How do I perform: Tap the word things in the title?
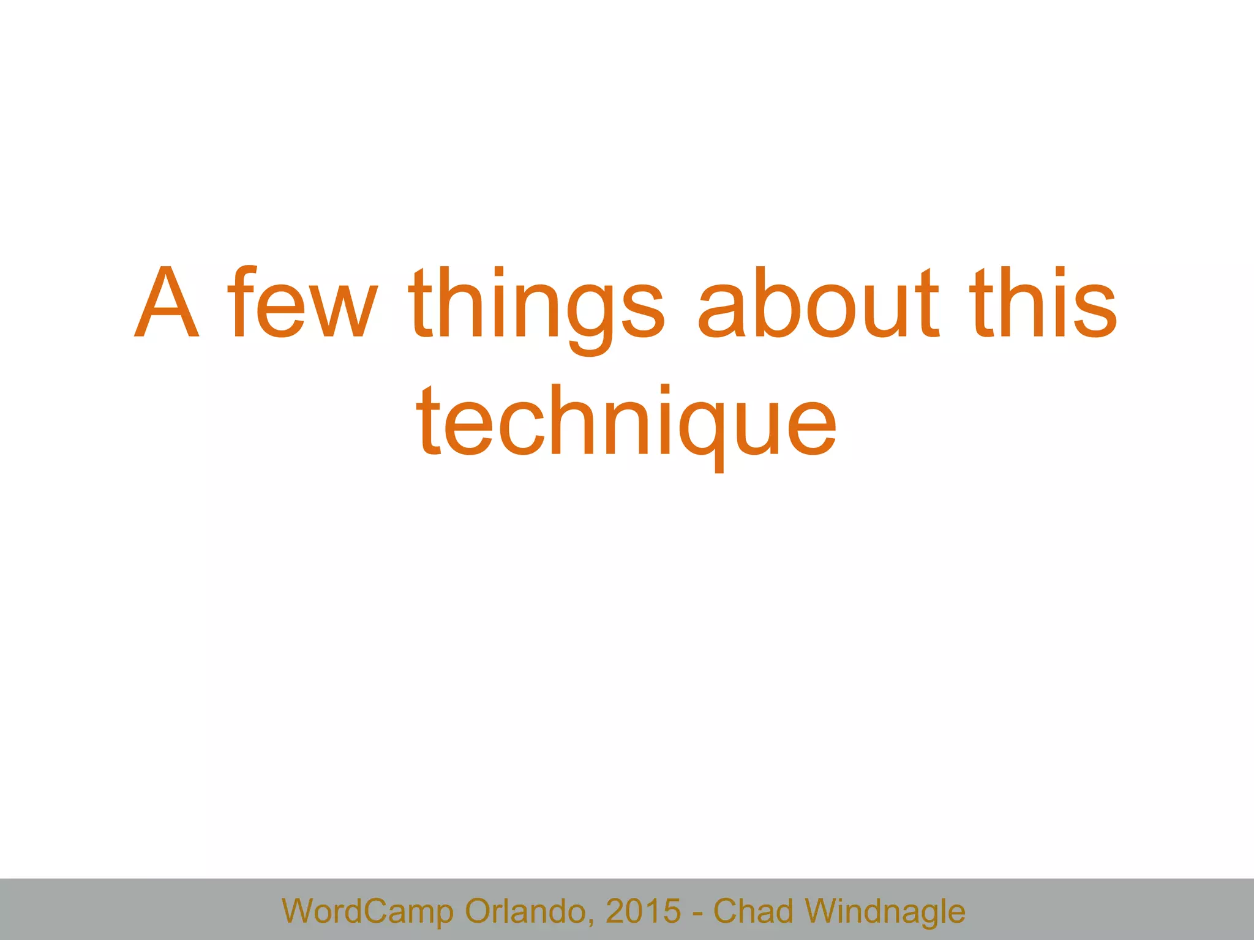(x=536, y=306)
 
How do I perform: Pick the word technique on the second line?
(x=626, y=422)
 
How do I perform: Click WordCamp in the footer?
(x=367, y=911)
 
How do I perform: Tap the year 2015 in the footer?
(x=643, y=911)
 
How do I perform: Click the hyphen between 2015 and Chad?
(x=697, y=913)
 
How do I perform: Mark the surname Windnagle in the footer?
(x=885, y=911)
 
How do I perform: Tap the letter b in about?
(x=774, y=303)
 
